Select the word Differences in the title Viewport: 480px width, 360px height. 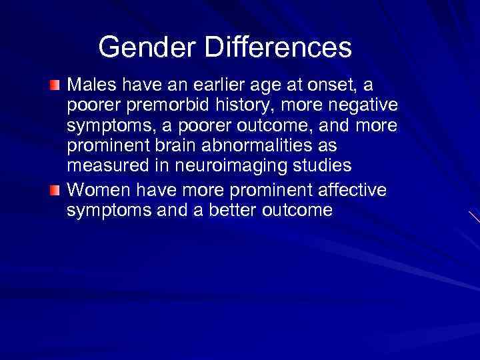(280, 47)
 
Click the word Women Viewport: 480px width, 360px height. (97, 190)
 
